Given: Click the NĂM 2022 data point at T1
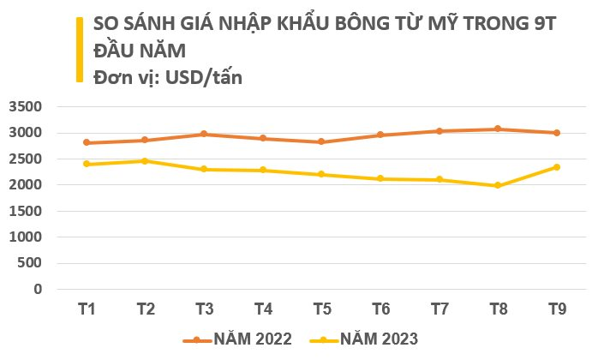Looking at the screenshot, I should [87, 143].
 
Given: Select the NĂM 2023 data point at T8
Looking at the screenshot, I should [498, 185].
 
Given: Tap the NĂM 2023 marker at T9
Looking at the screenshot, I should [556, 167].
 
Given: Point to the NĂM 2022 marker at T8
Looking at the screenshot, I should [498, 129].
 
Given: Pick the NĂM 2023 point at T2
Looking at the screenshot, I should [145, 161].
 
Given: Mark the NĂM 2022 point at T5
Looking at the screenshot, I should [321, 142].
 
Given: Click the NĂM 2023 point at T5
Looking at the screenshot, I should [321, 174].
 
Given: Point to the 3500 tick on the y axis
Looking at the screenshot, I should [25, 107].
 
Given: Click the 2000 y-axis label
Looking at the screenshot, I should [25, 185].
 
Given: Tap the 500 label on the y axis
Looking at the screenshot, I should [30, 263].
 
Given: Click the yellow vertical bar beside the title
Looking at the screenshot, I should [79, 49].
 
